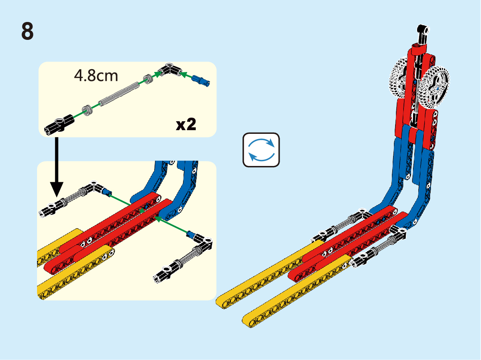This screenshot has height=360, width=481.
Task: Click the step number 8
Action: coord(27,31)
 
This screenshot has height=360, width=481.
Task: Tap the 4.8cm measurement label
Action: coord(96,76)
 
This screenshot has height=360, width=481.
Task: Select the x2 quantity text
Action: coord(186,124)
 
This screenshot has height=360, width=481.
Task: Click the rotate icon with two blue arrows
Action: coord(261,150)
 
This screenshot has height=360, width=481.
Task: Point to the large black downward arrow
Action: coord(57,167)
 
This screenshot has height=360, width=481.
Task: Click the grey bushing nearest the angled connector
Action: coord(149,79)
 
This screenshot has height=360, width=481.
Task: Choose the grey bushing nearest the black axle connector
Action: coord(87,110)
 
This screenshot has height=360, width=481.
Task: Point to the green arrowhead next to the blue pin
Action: coord(183,74)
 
